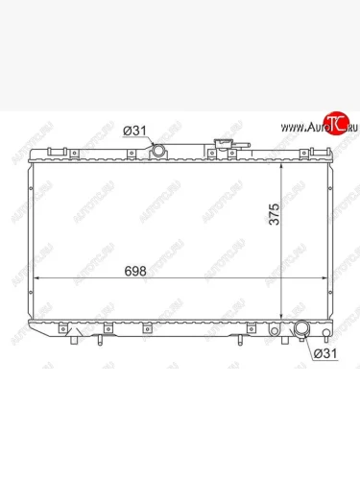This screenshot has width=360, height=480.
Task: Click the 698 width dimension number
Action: tap(135, 271)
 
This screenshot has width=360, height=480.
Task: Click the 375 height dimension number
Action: tap(275, 214)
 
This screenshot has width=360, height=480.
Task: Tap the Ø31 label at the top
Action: tap(134, 131)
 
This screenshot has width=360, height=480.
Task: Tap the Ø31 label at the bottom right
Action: tap(325, 353)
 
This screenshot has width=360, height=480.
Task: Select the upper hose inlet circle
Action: tap(158, 151)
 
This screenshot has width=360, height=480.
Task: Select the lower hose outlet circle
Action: tap(301, 329)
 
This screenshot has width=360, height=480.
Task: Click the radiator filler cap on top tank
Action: tap(222, 143)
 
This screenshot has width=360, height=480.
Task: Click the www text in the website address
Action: tap(292, 128)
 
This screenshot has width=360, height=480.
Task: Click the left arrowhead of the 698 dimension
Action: tap(36, 278)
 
